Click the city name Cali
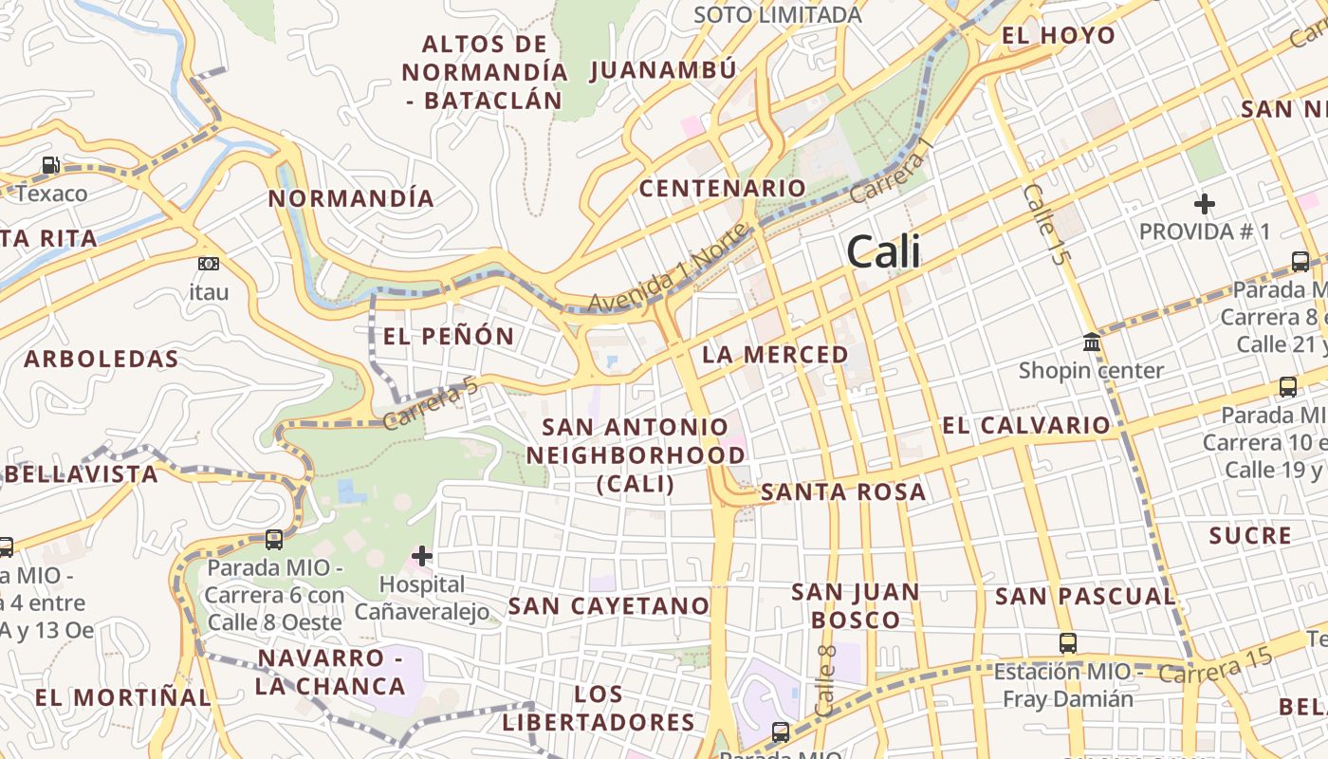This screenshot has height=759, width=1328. click(x=883, y=252)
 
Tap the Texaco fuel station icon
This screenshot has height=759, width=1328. click(x=50, y=166)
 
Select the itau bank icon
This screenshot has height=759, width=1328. click(x=209, y=264)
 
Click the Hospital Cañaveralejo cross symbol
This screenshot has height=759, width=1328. click(x=422, y=556)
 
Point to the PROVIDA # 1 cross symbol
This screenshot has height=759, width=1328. click(x=1205, y=204)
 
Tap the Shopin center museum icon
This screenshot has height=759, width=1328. click(x=1092, y=342)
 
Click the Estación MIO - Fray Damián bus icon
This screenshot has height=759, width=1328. click(x=1068, y=643)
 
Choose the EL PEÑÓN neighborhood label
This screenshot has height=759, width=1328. click(x=449, y=336)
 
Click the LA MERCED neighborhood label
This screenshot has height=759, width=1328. click(x=775, y=355)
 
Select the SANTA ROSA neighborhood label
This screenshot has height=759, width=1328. click(x=843, y=491)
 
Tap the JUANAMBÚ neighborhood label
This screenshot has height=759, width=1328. click(x=662, y=70)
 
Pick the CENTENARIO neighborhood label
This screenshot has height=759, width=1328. click(x=722, y=188)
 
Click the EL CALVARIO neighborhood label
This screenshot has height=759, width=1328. click(x=1025, y=425)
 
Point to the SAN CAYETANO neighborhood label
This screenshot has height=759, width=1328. click(x=609, y=605)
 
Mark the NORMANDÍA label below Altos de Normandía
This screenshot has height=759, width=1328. click(x=351, y=198)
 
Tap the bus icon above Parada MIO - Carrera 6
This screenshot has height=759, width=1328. click(x=274, y=540)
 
